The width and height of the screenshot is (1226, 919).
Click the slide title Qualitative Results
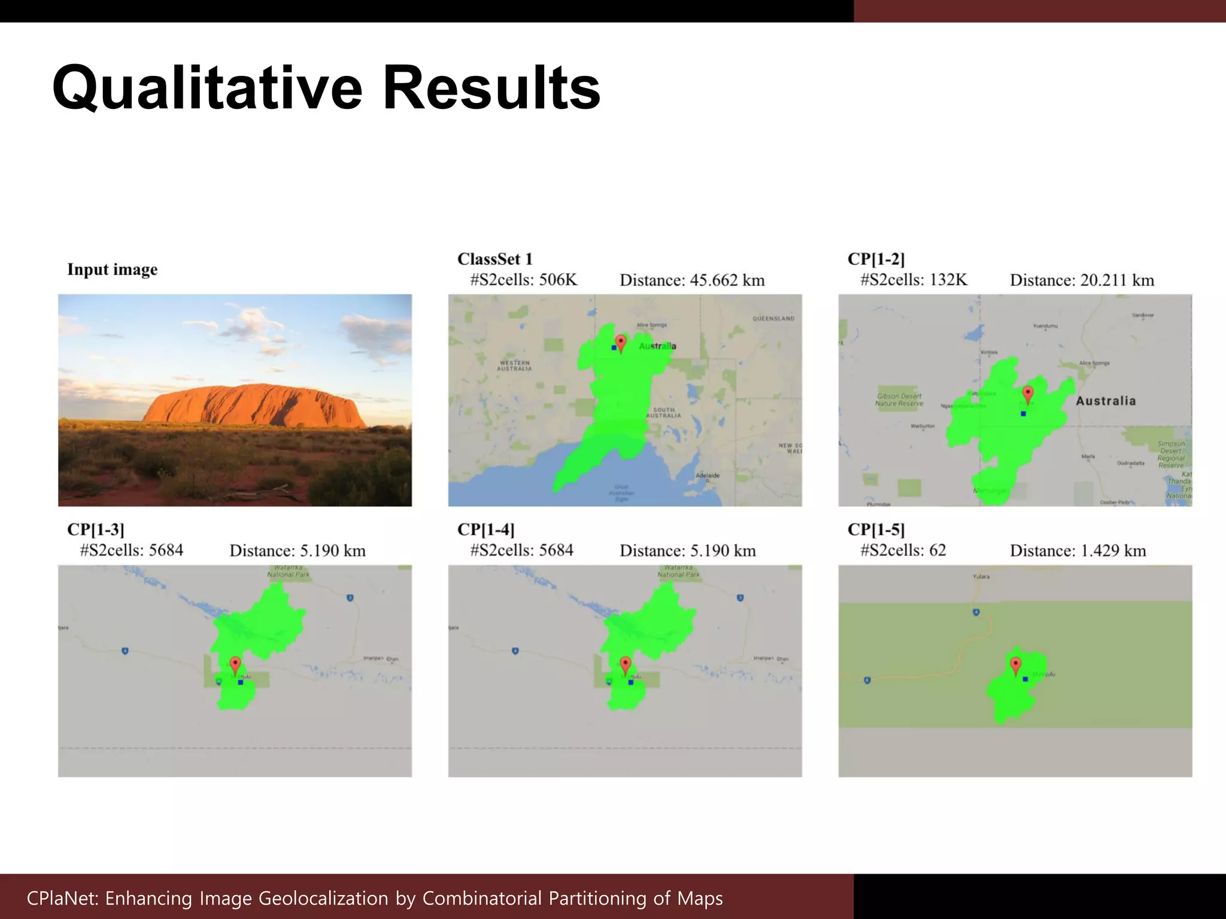[x=326, y=89]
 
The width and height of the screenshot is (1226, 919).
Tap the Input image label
[x=112, y=270]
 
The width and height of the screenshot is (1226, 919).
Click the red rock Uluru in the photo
[x=254, y=405]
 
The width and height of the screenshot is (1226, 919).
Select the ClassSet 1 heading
[x=494, y=259]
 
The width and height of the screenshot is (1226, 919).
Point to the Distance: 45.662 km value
[x=692, y=280]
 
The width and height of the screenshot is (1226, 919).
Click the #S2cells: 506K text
[x=523, y=279]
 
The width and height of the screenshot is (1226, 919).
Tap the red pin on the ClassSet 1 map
[x=621, y=343]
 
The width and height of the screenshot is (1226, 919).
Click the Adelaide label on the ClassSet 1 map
[x=708, y=476]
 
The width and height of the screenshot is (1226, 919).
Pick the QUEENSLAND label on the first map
[x=773, y=318]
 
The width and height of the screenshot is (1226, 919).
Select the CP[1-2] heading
[x=876, y=259]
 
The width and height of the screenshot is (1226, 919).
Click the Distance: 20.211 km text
[x=1082, y=280]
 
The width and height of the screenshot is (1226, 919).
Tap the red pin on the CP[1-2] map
[x=1028, y=394]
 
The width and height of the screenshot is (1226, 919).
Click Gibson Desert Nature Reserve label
[x=899, y=400]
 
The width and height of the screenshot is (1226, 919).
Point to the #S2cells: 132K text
[x=914, y=279]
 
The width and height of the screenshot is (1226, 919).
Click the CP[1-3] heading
[x=96, y=530]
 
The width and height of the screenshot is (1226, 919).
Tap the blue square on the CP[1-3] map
[x=241, y=682]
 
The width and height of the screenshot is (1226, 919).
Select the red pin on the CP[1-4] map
[x=626, y=664]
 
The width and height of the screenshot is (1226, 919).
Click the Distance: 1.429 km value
[x=1078, y=550]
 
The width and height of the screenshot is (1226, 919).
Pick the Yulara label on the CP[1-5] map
[x=981, y=577]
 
